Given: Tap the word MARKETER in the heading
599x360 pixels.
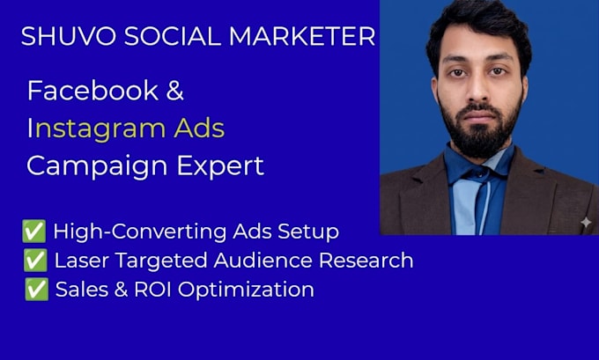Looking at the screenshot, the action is click(x=302, y=36).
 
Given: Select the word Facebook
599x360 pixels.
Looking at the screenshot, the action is click(x=92, y=91).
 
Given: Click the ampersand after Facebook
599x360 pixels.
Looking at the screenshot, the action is click(x=175, y=91).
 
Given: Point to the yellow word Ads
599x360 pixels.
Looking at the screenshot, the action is click(x=199, y=129).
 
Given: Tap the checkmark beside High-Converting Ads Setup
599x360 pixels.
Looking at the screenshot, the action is click(x=34, y=231).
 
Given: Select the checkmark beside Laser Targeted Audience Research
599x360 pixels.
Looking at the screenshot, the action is click(x=35, y=260).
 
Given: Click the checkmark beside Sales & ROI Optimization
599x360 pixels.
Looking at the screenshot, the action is click(x=37, y=289).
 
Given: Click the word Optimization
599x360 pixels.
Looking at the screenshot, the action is click(x=246, y=290).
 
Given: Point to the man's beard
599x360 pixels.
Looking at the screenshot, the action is click(x=479, y=129).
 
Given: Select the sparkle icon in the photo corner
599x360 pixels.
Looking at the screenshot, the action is click(x=586, y=222).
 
